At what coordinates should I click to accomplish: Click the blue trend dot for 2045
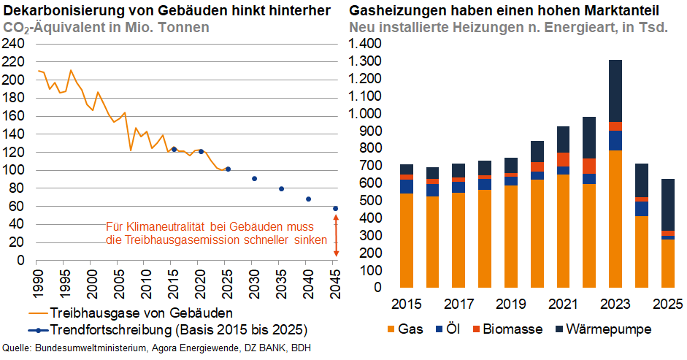pyautogui.click(x=335, y=209)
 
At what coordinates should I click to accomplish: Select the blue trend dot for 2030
pyautogui.click(x=254, y=179)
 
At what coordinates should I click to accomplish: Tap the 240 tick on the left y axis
pyautogui.click(x=15, y=44)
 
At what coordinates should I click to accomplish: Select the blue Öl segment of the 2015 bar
pyautogui.click(x=407, y=186)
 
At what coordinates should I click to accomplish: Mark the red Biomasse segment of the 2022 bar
pyautogui.click(x=589, y=166)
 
